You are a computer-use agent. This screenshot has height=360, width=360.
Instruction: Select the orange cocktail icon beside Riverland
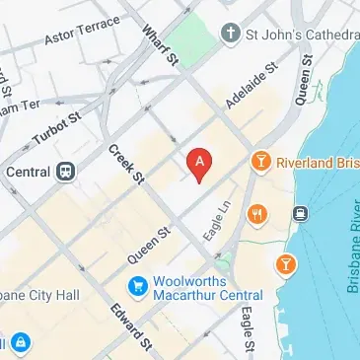point(261,160)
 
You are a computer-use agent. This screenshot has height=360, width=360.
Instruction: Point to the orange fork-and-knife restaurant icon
point(257,212)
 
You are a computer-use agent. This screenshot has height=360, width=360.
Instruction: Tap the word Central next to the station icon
point(27,169)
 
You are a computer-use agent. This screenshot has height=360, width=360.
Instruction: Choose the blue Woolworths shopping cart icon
point(138,287)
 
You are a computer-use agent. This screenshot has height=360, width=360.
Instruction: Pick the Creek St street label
point(127,164)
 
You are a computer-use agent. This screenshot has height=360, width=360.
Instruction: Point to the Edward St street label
point(131,329)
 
